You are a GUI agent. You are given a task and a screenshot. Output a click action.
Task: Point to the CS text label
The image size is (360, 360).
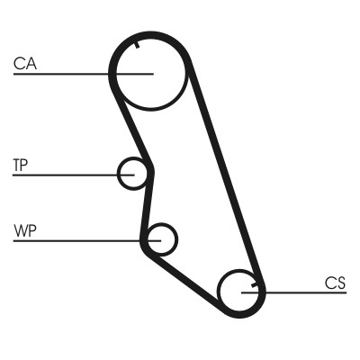pos(335,283)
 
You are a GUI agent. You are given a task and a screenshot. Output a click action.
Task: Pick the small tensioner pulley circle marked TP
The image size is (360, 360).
pos(133,173)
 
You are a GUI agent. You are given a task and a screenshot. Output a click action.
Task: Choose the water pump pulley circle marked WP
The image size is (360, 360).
pos(161,239)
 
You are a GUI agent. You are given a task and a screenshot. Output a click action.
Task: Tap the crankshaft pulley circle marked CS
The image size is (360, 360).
pos(241,292)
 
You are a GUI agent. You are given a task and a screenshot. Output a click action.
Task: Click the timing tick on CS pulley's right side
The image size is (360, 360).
pos(257,287)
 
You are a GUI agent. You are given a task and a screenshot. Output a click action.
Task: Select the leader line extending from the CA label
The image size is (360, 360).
pos(72,73)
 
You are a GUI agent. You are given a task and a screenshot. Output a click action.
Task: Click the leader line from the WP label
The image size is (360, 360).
pos(81,240)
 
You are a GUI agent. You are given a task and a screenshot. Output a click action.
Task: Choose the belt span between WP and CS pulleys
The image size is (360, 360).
pos(184,278)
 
